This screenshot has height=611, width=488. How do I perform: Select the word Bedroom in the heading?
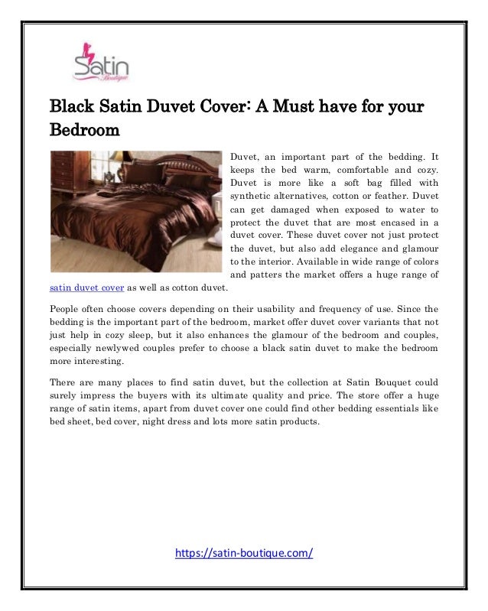(85, 129)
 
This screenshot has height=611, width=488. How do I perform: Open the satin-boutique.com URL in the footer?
(244, 553)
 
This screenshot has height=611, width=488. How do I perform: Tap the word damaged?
(292, 210)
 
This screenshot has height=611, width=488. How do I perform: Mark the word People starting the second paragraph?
(66, 309)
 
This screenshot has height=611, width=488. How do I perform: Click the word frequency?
(334, 309)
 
